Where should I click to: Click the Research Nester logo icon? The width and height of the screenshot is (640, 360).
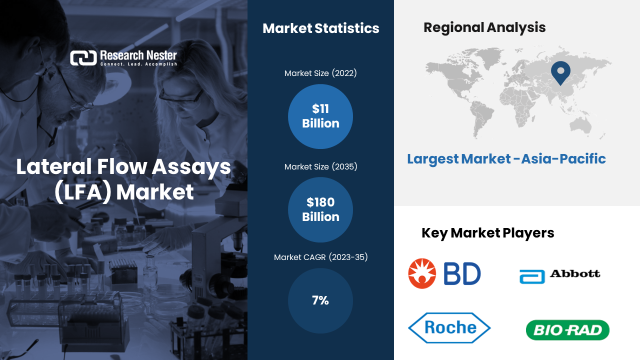coord(83,58)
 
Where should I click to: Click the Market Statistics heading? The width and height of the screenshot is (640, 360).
coord(321,28)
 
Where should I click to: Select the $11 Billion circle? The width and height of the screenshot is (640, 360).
coord(320,116)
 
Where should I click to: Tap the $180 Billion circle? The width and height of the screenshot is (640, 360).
coord(320,209)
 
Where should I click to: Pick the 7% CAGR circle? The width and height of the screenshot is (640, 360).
coord(320,300)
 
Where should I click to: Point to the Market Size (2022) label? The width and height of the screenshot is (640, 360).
coord(320,73)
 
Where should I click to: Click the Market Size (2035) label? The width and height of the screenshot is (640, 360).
coord(320,166)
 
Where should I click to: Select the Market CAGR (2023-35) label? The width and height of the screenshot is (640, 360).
coord(320,257)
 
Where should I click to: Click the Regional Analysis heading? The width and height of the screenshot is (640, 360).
coord(484,27)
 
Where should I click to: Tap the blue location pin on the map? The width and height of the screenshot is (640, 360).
coord(560,72)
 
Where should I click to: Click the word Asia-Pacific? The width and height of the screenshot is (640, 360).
coord(563,159)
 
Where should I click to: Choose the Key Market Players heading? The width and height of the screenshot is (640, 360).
coord(487,233)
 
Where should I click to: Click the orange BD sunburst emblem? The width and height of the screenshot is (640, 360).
coord(422,273)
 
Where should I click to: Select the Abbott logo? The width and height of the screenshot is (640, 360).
coord(560,276)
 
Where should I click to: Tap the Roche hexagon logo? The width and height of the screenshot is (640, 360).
coord(449,327)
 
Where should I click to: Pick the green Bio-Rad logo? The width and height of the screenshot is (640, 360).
coord(567,330)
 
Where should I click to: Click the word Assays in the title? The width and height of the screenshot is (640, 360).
coord(191,167)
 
